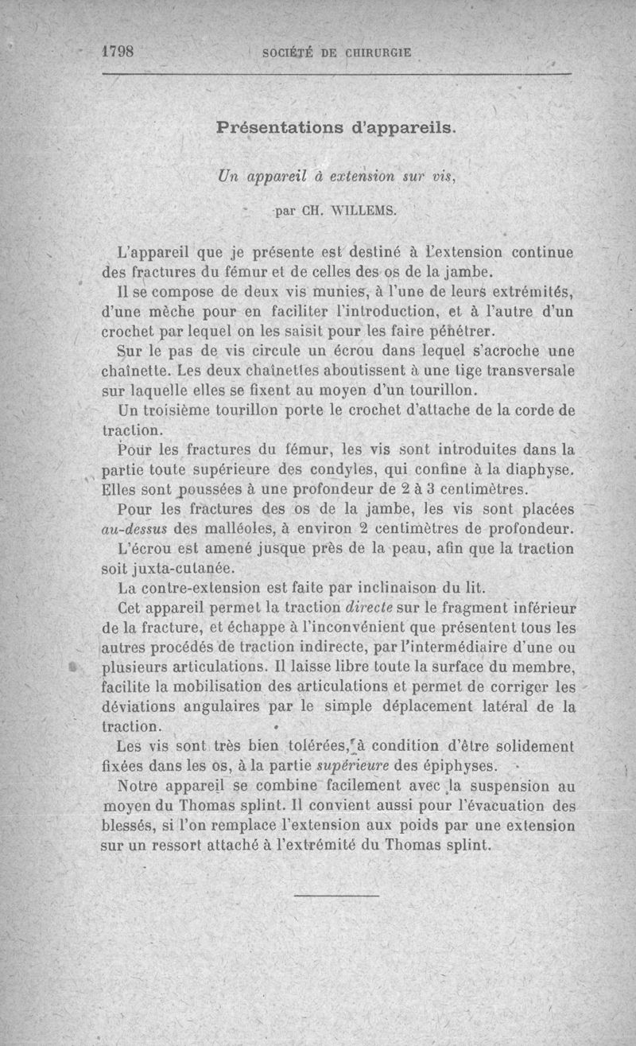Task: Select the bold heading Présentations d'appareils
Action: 335,127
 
